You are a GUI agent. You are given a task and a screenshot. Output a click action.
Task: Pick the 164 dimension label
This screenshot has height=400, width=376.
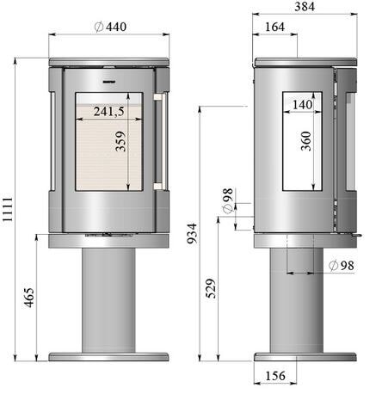[x=274, y=28]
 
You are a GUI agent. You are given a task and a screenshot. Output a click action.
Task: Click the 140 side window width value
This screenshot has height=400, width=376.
[x=302, y=105]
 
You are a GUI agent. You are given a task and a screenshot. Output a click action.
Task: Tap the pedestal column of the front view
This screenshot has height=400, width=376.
[x=107, y=301]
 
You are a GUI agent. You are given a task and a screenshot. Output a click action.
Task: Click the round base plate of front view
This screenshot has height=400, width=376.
[x=107, y=356]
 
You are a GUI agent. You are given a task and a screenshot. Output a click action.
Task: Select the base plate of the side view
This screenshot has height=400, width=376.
[x=305, y=356]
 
